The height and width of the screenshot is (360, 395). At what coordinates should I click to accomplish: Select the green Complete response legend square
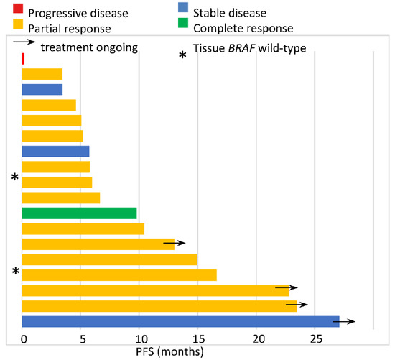[184, 28]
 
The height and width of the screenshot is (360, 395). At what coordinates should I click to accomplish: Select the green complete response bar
[79, 213]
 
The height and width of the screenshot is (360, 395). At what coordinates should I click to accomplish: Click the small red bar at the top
[24, 58]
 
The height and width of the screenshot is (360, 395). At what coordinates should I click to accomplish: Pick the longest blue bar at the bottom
[180, 321]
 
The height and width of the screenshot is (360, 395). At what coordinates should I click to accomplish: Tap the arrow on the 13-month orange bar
[175, 244]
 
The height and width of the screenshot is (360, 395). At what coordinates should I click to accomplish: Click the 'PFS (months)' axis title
[170, 351]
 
